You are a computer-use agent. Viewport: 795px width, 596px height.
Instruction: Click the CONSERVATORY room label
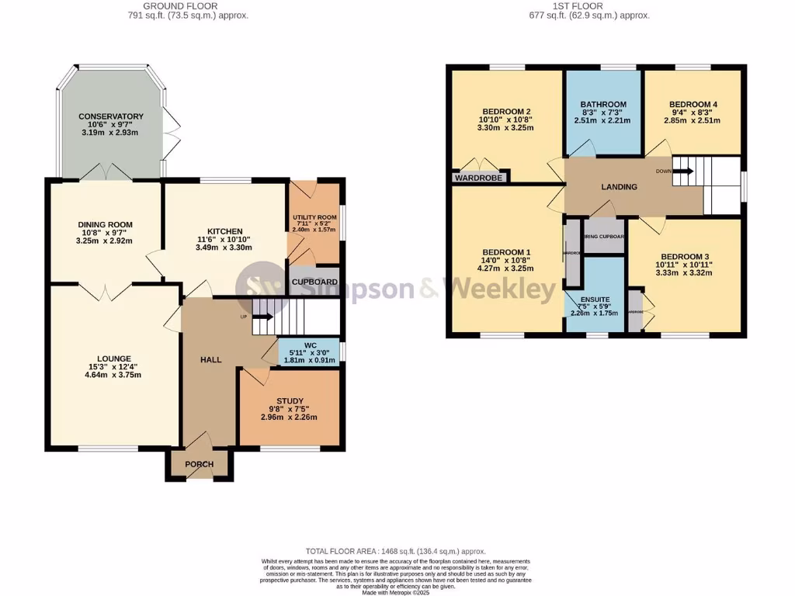(111, 116)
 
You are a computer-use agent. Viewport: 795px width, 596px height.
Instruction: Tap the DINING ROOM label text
(99, 224)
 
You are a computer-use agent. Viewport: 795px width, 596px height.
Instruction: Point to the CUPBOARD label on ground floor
(314, 282)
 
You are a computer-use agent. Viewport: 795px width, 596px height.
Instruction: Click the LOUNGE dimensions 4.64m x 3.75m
(113, 375)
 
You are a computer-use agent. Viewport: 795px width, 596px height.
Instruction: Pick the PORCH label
(198, 464)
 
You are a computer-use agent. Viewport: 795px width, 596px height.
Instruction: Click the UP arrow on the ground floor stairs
(260, 317)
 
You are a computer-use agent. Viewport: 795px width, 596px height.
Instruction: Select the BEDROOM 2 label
(506, 111)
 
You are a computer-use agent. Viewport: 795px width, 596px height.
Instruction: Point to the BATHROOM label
(603, 105)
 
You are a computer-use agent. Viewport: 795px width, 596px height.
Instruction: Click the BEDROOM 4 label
(693, 105)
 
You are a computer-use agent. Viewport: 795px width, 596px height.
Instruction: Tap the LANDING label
(619, 187)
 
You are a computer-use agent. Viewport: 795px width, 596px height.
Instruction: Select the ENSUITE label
(595, 299)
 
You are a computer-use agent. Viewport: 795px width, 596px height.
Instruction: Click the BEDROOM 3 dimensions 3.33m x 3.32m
(686, 272)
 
